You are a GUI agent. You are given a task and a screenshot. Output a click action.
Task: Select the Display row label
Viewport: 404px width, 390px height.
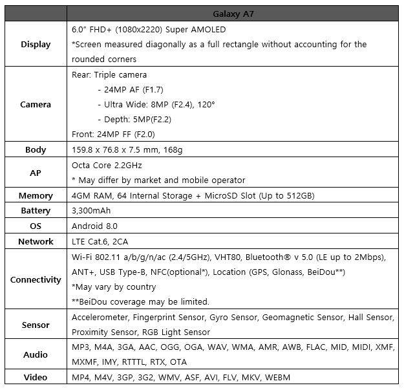point(36,45)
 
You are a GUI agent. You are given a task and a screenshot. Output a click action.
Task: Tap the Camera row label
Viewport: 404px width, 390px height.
point(36,104)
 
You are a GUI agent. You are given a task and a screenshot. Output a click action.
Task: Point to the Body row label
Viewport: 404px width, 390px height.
point(36,149)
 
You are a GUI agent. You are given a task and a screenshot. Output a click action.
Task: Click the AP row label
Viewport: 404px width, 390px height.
point(36,173)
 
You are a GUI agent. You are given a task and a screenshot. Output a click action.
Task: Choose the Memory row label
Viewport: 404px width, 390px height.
point(36,195)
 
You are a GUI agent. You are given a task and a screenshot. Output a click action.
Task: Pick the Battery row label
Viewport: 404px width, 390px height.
point(36,211)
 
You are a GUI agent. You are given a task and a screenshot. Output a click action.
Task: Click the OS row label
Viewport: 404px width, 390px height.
point(36,226)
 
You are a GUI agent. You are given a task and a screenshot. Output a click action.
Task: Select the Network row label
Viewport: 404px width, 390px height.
point(36,241)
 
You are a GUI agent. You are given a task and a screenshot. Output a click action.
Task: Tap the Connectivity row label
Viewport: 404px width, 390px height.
point(36,279)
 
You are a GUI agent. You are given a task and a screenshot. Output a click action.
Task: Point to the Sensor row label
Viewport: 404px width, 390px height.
point(36,325)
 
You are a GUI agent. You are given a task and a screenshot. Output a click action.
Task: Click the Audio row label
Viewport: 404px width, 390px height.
point(36,354)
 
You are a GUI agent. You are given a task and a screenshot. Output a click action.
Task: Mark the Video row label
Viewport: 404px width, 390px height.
point(36,377)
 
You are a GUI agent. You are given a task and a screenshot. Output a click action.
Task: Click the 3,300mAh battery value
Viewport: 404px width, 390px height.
point(95,211)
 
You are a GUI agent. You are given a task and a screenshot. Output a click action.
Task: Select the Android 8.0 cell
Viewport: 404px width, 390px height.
point(94,226)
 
